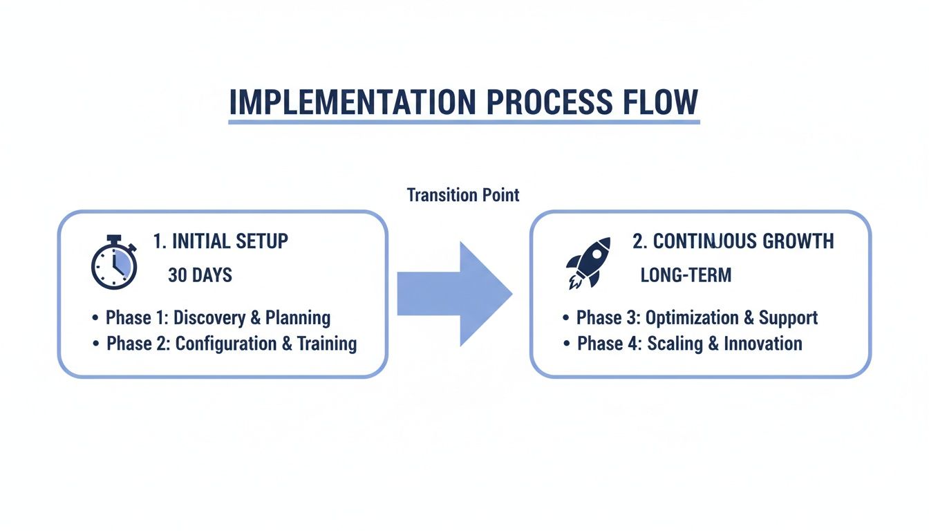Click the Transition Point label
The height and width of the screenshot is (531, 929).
coord(462,195)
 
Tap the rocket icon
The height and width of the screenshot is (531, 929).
coord(588,263)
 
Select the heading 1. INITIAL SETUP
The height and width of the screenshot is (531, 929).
coord(220,241)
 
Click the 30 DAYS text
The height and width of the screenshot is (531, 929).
coord(200,275)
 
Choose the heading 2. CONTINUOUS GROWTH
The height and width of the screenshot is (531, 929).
coord(733,241)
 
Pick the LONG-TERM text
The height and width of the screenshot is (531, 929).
coord(686,275)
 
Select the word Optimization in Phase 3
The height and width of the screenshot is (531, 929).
coord(692,318)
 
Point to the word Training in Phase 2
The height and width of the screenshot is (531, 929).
coord(327,344)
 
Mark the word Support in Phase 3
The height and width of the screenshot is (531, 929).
coord(788,318)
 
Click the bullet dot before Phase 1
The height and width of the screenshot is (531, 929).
coord(95,319)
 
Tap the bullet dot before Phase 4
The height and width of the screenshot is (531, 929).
coord(566,344)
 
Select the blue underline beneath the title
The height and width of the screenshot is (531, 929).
coord(464,122)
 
